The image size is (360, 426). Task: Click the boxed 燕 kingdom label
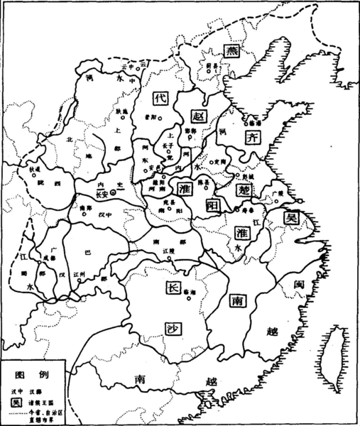coord(231,51)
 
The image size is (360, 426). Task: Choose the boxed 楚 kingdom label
coord(245,189)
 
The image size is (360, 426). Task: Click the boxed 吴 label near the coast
coord(291,218)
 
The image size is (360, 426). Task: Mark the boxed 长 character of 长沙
coord(172,288)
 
